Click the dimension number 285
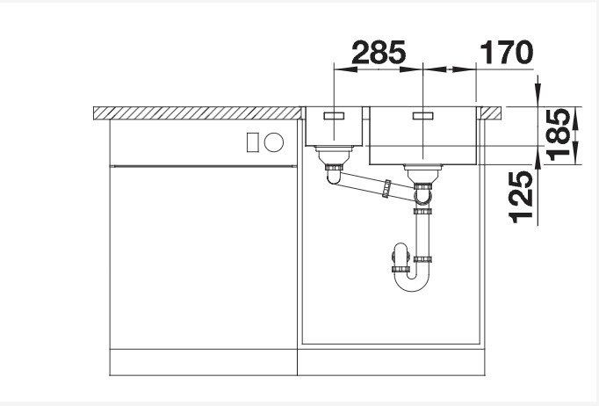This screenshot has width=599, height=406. tap(379, 54)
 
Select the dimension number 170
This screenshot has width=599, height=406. tap(505, 54)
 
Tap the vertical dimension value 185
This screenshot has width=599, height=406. tap(558, 135)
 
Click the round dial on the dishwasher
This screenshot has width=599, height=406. tap(273, 141)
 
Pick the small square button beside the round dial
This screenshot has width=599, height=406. tap(252, 141)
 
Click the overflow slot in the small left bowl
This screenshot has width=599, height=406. tap(335, 115)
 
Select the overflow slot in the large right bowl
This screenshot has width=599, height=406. tap(423, 115)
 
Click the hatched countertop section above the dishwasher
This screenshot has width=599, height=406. tap(198, 113)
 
